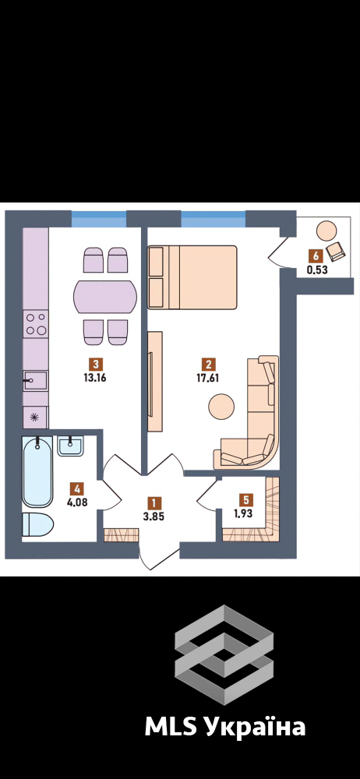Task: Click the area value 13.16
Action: (97, 376)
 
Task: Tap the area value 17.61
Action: (209, 376)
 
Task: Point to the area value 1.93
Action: (244, 513)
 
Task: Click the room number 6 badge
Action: (314, 256)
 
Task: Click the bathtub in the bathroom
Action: (37, 471)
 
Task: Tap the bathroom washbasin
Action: (70, 446)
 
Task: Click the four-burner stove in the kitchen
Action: (36, 324)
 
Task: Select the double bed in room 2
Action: (192, 277)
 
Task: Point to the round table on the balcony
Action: (327, 231)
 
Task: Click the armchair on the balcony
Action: (336, 251)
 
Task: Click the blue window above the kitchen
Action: (99, 219)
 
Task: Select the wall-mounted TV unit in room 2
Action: (155, 382)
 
